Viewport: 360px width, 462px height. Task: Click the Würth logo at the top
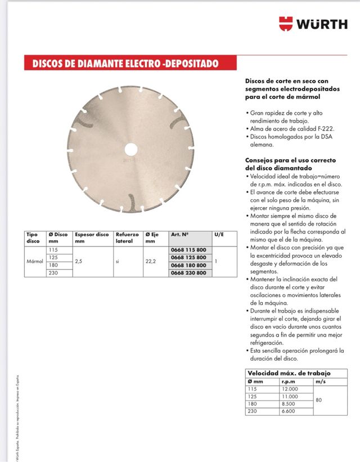click(313, 24)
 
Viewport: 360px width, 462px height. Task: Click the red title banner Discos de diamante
click(121, 64)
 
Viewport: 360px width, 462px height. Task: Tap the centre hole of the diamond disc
click(130, 149)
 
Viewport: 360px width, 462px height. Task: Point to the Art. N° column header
click(179, 234)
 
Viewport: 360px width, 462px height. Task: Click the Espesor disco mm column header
click(92, 237)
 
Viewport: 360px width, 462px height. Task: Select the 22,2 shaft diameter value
click(150, 262)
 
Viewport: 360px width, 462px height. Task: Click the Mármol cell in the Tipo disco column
click(35, 262)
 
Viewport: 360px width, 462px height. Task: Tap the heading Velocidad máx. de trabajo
click(289, 373)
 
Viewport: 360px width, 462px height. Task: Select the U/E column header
click(219, 234)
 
